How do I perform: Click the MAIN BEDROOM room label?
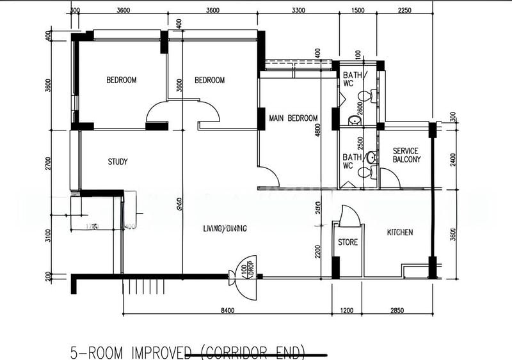293,118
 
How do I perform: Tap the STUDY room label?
118,162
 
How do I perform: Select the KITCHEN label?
400,232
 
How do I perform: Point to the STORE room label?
348,242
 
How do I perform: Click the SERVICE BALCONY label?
406,155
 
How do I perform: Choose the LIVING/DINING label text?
225,228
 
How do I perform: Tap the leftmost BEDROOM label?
122,80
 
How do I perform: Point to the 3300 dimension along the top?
298,10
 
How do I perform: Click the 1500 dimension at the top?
358,10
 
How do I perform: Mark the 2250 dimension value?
404,10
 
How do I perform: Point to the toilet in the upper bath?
364,97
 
